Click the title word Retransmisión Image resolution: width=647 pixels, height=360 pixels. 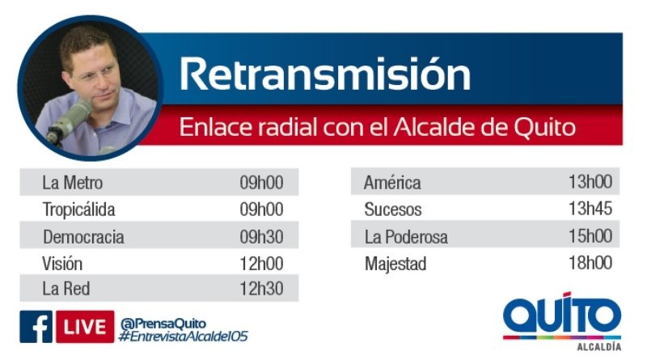(x=325, y=74)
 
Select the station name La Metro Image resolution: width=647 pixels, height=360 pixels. (x=72, y=183)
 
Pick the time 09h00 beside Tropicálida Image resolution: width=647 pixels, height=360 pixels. (x=261, y=210)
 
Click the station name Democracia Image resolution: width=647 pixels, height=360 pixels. (x=83, y=237)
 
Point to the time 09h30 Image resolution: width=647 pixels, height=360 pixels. (x=261, y=237)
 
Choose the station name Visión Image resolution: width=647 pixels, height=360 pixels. (x=62, y=264)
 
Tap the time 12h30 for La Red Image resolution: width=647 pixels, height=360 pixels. (x=261, y=289)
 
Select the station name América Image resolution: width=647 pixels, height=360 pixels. (x=392, y=182)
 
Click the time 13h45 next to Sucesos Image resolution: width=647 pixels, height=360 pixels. (x=590, y=209)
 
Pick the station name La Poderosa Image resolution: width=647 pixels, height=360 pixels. (x=406, y=237)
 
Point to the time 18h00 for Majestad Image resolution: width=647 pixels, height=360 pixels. (x=590, y=263)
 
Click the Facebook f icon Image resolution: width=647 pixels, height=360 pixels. (x=36, y=327)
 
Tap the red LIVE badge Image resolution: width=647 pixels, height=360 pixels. (x=85, y=327)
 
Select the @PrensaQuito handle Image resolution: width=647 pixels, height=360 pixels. (x=163, y=324)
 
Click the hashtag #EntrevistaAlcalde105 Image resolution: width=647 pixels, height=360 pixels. (x=184, y=337)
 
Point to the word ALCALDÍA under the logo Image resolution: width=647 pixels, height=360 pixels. (x=598, y=347)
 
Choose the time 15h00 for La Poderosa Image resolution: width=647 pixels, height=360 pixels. (x=590, y=235)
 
